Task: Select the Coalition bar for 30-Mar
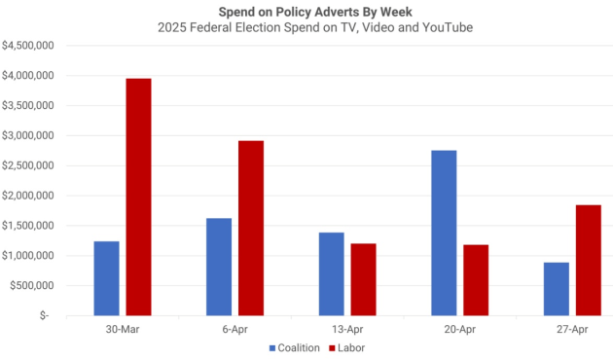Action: click(x=107, y=278)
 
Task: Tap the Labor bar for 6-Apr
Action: click(x=251, y=228)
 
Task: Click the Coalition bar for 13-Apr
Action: click(x=332, y=273)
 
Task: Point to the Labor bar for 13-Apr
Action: click(x=363, y=279)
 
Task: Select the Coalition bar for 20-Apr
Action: click(x=444, y=233)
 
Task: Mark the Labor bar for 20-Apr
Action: click(x=476, y=280)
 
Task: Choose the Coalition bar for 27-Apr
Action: click(x=557, y=289)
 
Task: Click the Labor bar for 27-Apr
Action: click(x=588, y=260)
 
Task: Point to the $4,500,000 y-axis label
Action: click(x=27, y=46)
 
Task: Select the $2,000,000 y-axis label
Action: click(x=27, y=196)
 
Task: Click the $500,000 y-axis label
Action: click(x=32, y=286)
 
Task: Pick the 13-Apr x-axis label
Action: click(x=347, y=329)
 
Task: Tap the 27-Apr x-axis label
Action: click(x=572, y=329)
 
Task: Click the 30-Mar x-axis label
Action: click(x=123, y=329)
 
